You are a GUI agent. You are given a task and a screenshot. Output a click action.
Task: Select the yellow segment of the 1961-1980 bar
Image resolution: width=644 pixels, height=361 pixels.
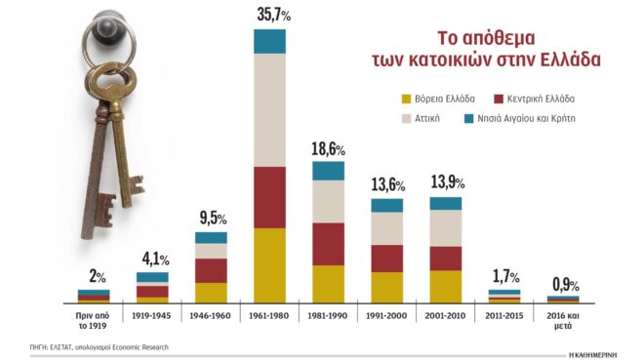coord(269,264)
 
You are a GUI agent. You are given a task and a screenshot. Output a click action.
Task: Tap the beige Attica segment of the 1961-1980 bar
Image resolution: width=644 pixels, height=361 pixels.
coord(269,109)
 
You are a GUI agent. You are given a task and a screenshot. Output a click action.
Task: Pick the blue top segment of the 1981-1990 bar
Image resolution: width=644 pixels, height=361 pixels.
coord(328,171)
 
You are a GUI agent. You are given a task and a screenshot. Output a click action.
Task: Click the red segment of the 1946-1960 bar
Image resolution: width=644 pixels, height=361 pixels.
coord(211,270)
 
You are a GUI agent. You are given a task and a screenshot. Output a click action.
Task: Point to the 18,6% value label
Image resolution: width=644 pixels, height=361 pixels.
coord(329,149)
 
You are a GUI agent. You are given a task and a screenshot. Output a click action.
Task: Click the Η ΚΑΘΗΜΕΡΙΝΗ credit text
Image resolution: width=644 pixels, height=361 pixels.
coord(603,352)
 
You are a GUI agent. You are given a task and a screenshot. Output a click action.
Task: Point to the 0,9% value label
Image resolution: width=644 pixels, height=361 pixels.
coord(563,286)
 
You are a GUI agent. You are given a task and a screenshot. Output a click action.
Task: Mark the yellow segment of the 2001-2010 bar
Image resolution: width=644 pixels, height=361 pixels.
coord(445,286)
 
